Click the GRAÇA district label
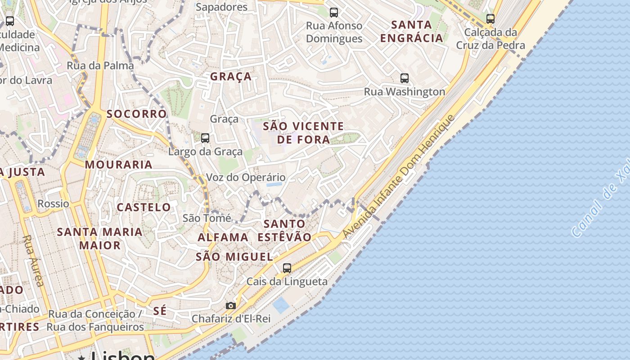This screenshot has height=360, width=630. [x=231, y=76]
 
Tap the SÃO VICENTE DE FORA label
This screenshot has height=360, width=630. [x=303, y=133]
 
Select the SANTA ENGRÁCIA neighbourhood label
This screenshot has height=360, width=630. [x=412, y=31]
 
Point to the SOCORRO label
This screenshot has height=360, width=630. [x=136, y=114]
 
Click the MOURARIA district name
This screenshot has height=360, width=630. [x=119, y=165]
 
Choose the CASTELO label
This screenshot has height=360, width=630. [x=144, y=207]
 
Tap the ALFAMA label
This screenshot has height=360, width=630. [x=223, y=237]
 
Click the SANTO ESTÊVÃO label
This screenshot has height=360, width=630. [x=284, y=230]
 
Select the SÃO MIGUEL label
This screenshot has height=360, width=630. [x=234, y=257]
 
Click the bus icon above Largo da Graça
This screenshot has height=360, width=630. [x=205, y=138]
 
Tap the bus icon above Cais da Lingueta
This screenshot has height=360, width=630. [x=287, y=268]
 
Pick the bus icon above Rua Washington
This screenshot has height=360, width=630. [x=405, y=78]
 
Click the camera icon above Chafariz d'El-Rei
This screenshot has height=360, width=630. [x=231, y=306]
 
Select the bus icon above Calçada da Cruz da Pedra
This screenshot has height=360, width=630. [x=490, y=19]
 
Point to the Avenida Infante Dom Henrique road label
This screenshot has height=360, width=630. [x=399, y=176]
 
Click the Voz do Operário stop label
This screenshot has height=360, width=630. [x=246, y=177]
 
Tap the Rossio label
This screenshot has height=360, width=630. [x=54, y=203]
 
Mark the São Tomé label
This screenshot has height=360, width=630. [x=207, y=218]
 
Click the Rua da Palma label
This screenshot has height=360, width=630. [x=100, y=66]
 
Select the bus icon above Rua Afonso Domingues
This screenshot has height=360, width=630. [x=334, y=13]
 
